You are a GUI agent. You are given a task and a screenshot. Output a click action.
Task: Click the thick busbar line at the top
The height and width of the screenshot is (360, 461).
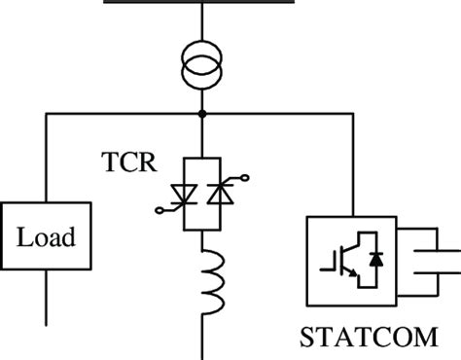click(202, 3)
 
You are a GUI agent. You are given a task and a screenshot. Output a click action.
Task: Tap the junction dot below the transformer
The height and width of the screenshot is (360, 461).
click(202, 114)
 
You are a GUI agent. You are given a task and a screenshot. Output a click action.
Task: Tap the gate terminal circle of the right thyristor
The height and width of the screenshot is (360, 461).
click(242, 178)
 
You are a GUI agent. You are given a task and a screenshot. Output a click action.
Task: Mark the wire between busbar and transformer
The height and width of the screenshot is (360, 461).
click(202, 24)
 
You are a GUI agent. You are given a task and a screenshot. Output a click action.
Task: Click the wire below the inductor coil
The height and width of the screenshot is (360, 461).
click(202, 336)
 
